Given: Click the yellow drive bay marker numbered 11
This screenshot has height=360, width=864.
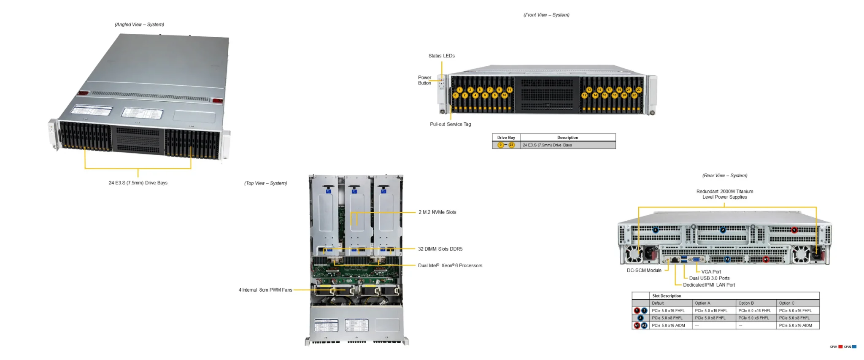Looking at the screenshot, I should pos(509,90).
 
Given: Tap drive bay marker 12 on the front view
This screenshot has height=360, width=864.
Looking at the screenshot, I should pos(584,95).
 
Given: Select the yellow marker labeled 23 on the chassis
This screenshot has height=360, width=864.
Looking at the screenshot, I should pos(639,90).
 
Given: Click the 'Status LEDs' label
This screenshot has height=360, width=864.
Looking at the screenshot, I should pos(441,56).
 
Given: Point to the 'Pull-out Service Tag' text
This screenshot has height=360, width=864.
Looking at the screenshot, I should pos(450,124).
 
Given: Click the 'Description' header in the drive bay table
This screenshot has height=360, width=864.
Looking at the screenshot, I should pos(567,138).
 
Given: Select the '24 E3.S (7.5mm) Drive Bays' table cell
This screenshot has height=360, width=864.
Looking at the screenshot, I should pos(547,145).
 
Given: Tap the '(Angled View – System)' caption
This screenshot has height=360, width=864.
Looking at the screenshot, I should pos(139,24).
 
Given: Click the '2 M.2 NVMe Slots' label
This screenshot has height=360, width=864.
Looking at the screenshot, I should pos(437,212).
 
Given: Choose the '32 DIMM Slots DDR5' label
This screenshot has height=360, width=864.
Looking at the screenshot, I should pos(440,249).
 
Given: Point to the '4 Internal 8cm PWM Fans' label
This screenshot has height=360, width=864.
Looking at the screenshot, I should pos(265,290).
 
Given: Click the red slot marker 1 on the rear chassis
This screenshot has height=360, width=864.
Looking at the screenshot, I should pos(794,230).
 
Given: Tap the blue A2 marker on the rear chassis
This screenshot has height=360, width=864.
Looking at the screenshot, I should pos(727,259).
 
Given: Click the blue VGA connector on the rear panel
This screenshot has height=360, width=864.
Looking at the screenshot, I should pos(696,260).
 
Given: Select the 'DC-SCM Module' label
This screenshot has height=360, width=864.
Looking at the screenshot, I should pos(644,271).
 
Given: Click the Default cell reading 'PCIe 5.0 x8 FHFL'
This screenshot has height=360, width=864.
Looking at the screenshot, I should pos(667,318).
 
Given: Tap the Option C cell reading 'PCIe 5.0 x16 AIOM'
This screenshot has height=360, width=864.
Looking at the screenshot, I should pos(795,325).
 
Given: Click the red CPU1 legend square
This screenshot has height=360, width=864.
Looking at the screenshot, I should pos(840,346).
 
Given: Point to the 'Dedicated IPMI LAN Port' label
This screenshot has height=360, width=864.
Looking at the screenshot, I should pos(709,285).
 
